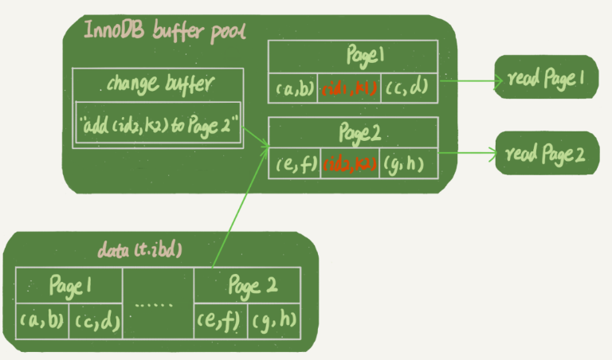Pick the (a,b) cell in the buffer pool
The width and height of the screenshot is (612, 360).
(294, 88)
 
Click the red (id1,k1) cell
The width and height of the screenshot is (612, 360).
(350, 88)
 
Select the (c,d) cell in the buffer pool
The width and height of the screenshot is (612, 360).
(410, 88)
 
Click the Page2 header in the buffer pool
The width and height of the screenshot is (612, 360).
(353, 133)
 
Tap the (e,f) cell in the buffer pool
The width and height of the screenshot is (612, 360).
(295, 164)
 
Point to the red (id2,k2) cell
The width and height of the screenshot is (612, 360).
(351, 164)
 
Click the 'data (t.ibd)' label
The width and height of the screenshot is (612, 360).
(140, 251)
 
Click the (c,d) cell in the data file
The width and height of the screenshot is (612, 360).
(96, 321)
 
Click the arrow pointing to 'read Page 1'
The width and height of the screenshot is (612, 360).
(470, 80)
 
